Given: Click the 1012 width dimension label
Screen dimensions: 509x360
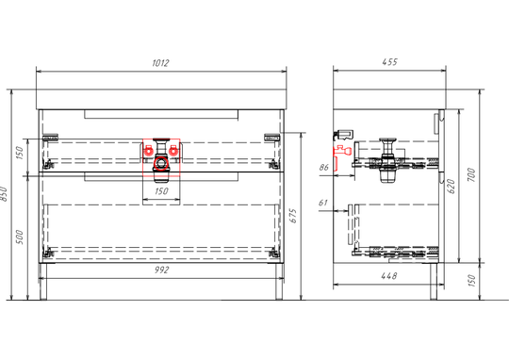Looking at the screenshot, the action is point(160,62).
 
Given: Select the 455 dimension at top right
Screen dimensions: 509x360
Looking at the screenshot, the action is point(389,61).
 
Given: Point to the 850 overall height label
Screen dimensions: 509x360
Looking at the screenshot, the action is point(4,194).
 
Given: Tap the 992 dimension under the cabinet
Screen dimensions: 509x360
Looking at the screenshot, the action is point(161,270).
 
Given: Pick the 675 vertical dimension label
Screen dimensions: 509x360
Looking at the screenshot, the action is point(293,216).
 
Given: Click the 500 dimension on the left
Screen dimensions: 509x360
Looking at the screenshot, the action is point(20,237).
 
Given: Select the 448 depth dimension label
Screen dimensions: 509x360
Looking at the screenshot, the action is point(389,276).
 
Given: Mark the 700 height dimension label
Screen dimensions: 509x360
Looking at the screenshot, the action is point(471,174).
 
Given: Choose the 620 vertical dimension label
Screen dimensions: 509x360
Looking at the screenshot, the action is point(452,187).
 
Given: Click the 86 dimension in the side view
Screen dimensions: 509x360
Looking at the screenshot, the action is point(324,167).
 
